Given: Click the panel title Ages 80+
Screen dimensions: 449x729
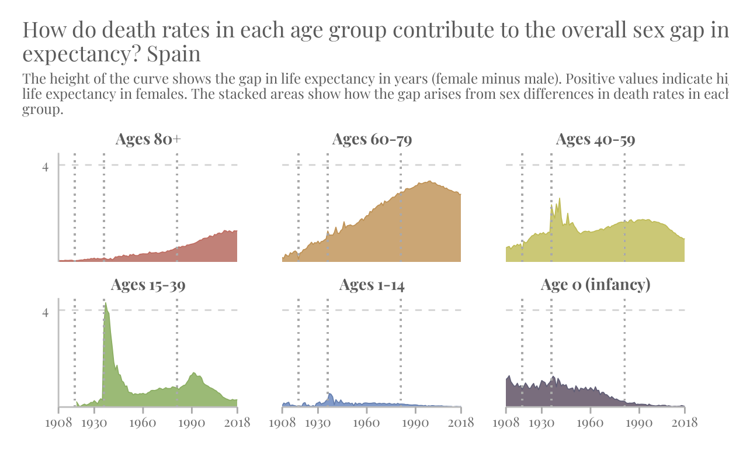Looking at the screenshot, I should coord(148,139).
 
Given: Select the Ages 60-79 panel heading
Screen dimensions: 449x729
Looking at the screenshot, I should coord(372,139).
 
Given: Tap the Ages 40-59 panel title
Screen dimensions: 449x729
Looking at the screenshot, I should coord(595,139).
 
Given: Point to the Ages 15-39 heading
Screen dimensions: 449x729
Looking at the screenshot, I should coord(148,285).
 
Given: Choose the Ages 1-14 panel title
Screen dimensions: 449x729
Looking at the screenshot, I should coord(372,285).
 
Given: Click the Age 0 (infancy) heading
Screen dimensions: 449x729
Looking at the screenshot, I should coord(595,285).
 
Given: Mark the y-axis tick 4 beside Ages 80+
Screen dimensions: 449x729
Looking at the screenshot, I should coord(46,167).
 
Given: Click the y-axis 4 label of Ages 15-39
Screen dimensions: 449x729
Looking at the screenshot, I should coord(46,312).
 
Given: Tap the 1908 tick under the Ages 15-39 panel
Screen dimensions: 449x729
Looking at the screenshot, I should coord(58,423).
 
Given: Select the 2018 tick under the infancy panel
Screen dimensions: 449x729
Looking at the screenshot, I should coord(684,423).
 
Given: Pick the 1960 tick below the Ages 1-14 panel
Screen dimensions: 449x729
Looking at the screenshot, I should coord(366,423).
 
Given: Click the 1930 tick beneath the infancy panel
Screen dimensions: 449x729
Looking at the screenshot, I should coord(541,423).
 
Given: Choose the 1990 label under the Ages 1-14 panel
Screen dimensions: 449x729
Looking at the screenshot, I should coord(415,423).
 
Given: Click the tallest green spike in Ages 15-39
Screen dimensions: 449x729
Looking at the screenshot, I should coord(106,304).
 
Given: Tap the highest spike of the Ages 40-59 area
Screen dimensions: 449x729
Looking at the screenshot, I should coord(560,199).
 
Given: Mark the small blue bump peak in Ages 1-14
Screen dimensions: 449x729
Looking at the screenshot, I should coord(330,395).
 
